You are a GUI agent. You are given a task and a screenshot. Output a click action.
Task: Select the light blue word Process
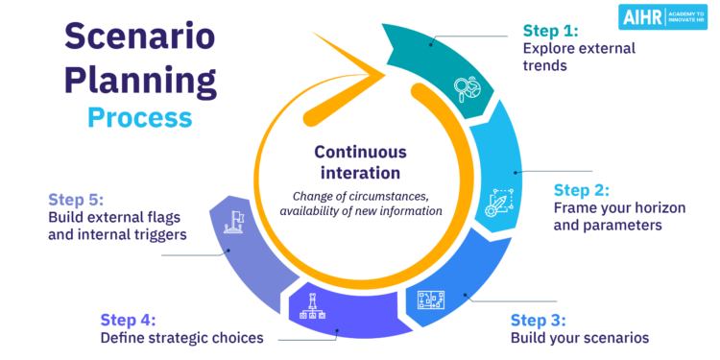click(x=139, y=117)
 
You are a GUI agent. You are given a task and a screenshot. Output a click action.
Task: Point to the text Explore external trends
click(x=572, y=55)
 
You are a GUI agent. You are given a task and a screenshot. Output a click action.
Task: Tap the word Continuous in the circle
click(x=361, y=152)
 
